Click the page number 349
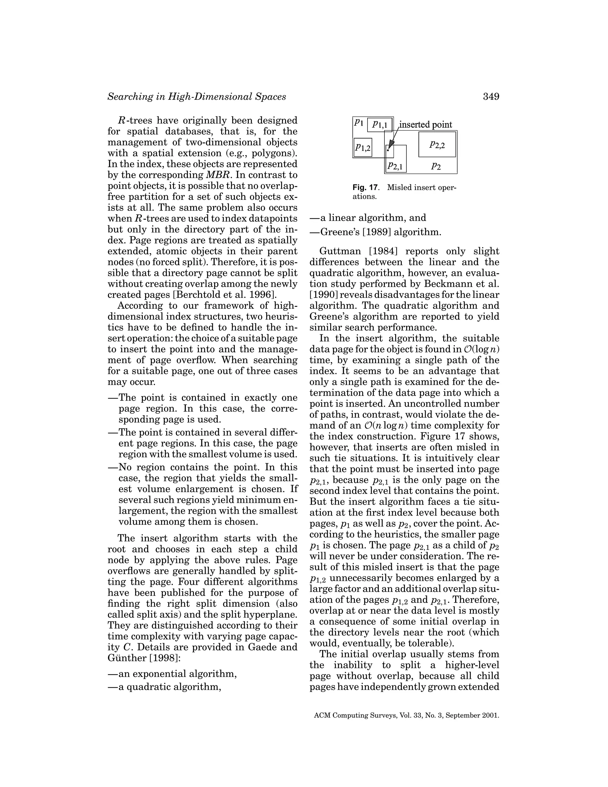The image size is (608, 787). coord(490,97)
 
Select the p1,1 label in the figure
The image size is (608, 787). coord(380,125)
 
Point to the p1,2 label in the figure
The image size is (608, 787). coord(363,147)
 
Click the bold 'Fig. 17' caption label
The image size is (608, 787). coord(365,188)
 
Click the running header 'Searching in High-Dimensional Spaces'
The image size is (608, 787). coord(197,97)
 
